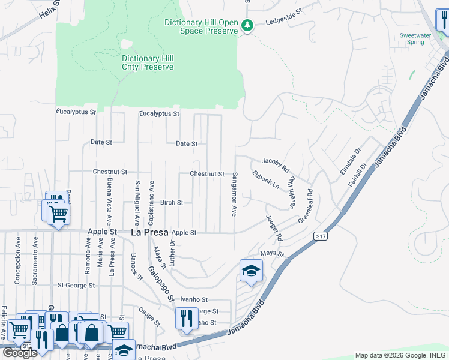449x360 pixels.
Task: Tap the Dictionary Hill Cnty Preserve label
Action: pos(148,63)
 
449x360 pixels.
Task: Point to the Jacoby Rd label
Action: pos(276,162)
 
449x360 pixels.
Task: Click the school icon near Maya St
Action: pos(251,271)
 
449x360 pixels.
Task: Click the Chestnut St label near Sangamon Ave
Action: pos(207,174)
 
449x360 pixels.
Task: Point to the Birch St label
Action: pos(172,203)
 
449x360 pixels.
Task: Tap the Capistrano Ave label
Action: pos(152,196)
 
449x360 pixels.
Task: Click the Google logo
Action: pos(19,353)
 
